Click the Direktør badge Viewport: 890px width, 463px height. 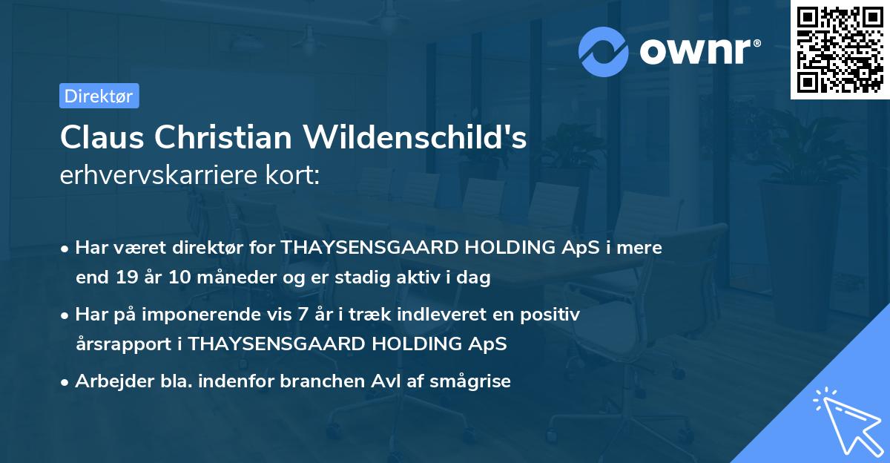[99, 96]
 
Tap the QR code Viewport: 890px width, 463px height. [840, 50]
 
